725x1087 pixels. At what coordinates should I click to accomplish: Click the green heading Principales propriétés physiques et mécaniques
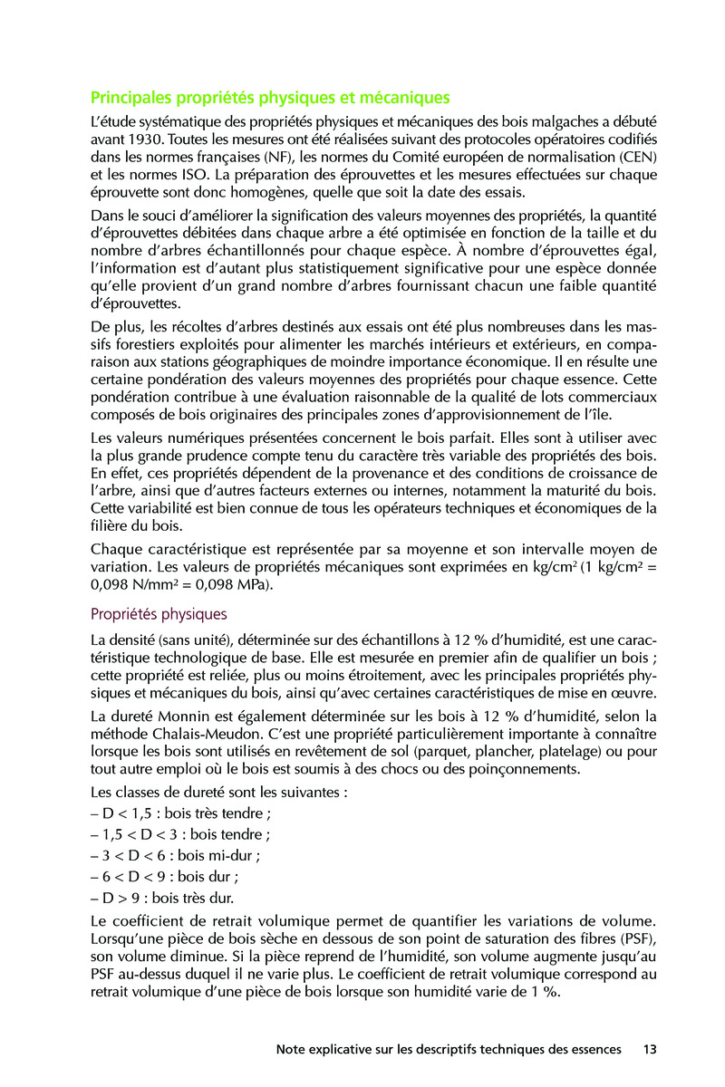(270, 97)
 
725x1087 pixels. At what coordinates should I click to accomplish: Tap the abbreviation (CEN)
(635, 158)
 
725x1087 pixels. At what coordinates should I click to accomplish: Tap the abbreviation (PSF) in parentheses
(637, 939)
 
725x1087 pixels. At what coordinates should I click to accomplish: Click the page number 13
(649, 1050)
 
